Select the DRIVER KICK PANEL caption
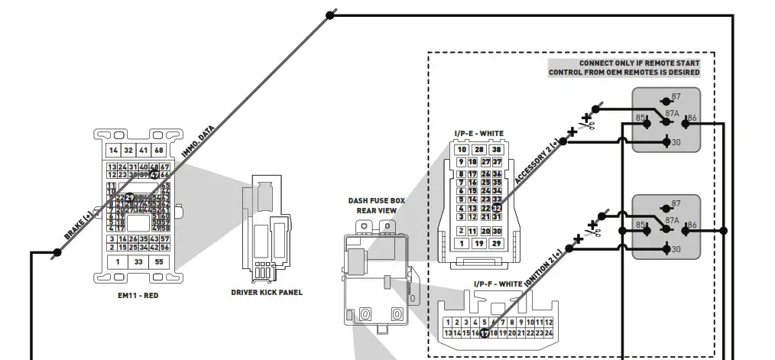[x=267, y=292]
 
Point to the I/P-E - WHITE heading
[x=478, y=134]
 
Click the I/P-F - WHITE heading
[x=498, y=284]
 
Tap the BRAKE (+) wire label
[x=78, y=227]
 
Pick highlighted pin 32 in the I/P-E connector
[x=497, y=208]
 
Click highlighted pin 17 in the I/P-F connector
[x=484, y=333]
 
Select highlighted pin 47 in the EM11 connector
[x=154, y=174]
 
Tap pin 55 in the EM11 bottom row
[x=159, y=261]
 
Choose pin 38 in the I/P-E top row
[x=496, y=150]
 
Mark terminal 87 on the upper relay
[x=675, y=98]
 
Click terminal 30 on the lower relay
[x=675, y=249]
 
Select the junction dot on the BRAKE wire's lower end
[x=57, y=251]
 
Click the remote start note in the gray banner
[x=624, y=68]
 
